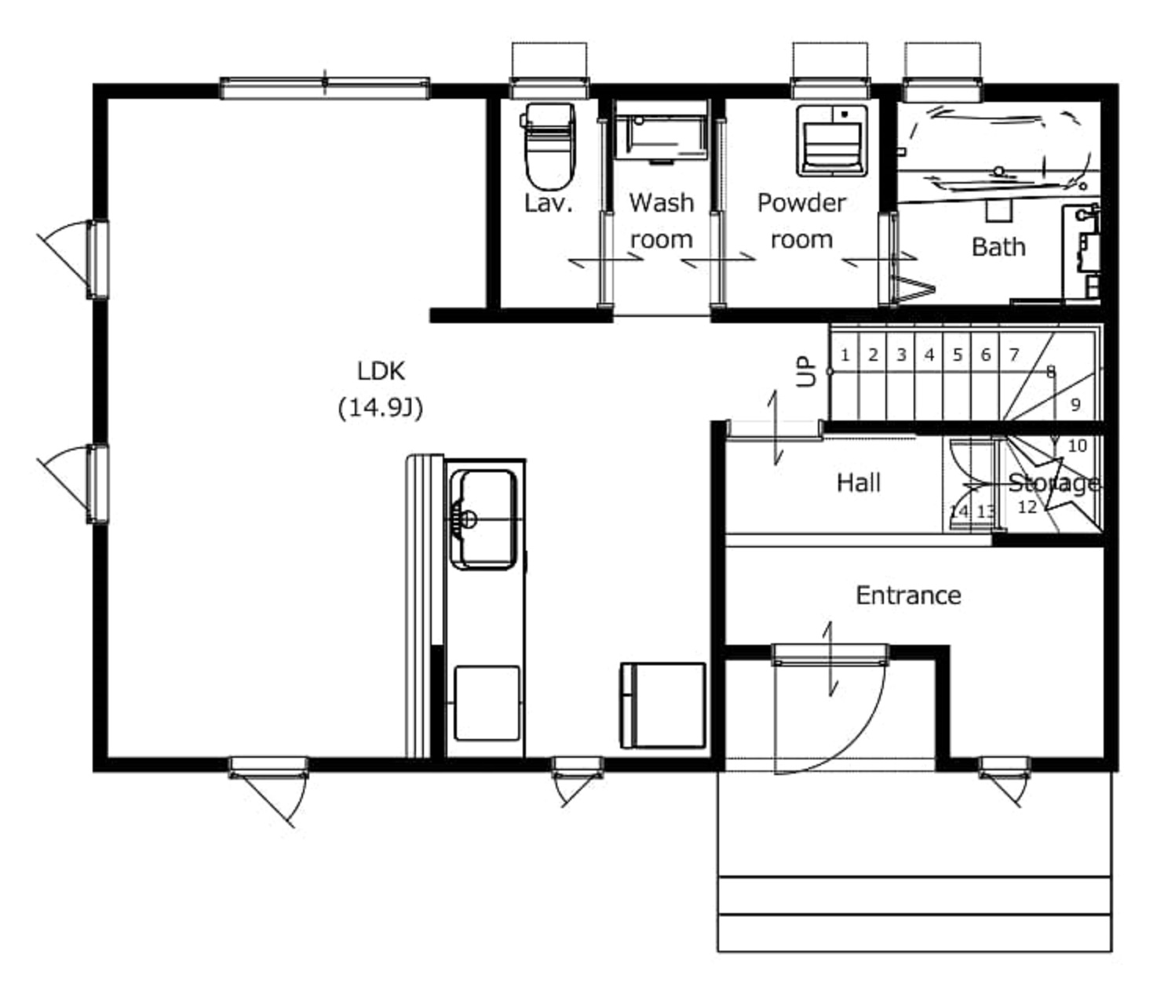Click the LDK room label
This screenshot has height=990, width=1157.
coord(381,371)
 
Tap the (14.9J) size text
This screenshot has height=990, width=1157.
coord(381,408)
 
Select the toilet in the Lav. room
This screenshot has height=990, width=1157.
coord(549,147)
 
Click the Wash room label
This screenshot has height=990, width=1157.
coord(662,221)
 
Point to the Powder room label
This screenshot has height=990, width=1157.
coord(801,221)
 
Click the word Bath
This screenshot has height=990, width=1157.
coord(998,247)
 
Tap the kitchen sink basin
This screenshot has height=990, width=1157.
coord(483,519)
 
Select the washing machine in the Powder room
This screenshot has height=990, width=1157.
coord(832,140)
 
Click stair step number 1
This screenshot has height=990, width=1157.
coord(845,355)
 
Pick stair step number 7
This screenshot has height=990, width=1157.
coord(1013,355)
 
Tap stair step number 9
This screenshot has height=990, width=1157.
coord(1075,405)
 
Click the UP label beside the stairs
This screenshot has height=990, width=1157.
coord(806,372)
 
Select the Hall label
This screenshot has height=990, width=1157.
coord(859,483)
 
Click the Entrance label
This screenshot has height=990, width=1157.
coord(908,595)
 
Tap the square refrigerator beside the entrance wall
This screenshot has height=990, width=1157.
coord(662,705)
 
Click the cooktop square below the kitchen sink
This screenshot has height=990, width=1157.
coord(487,703)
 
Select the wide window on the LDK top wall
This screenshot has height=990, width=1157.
coord(325,89)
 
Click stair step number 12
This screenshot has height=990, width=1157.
coord(1027,507)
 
